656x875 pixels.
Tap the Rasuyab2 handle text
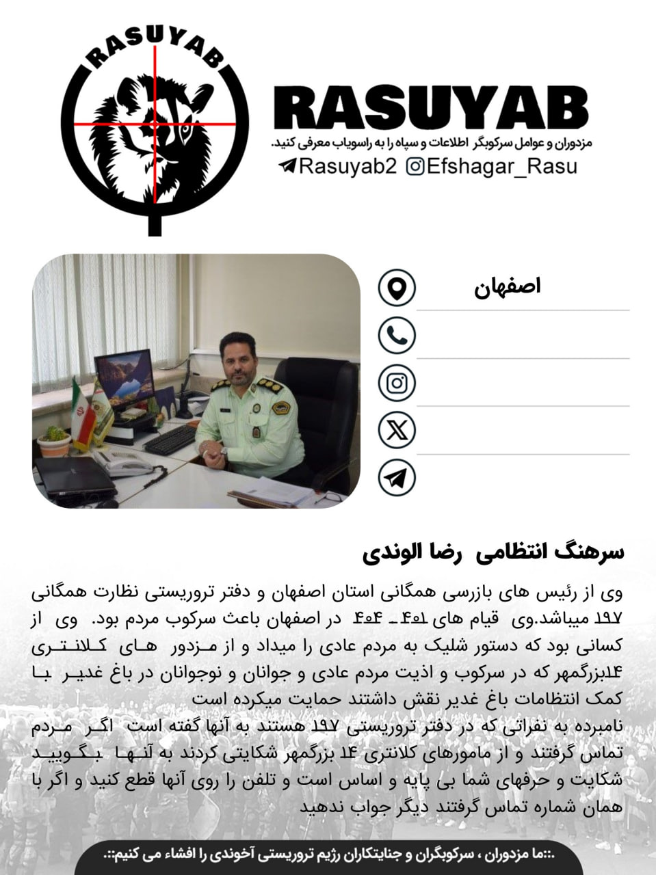coord(347,166)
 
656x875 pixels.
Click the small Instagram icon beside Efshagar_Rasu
coord(415,166)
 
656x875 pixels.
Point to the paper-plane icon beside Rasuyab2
coord(287,166)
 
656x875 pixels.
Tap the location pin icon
coord(397,287)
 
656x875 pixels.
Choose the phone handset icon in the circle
coord(397,335)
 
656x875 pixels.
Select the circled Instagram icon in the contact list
coord(397,383)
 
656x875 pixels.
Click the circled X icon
coord(397,430)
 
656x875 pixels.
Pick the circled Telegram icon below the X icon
coord(397,478)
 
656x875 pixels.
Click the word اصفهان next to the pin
coord(507,286)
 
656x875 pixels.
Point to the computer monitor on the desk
coord(124,377)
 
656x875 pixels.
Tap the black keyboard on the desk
coord(170,440)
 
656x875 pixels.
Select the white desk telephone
coord(127,463)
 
